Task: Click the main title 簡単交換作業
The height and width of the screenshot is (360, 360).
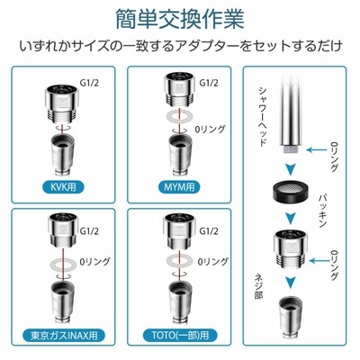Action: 180,19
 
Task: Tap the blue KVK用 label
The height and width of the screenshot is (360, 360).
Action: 63,187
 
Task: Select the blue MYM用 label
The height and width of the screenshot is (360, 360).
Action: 179,187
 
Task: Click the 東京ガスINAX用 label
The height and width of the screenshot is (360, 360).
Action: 64,335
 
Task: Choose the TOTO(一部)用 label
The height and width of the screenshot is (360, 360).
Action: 180,335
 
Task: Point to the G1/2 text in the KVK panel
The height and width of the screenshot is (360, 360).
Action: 89,83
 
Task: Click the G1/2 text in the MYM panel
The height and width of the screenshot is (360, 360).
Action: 209,83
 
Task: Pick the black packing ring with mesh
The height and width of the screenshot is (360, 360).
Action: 290,191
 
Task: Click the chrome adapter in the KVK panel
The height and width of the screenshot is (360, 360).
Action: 62,104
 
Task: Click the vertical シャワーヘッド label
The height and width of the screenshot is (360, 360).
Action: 263,116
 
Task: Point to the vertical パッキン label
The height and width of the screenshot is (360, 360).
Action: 323,211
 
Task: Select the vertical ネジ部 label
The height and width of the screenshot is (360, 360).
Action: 259,285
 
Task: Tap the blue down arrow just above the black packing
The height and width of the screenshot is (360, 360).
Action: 290,169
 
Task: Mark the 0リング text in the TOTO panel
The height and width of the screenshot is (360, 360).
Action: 212,261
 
